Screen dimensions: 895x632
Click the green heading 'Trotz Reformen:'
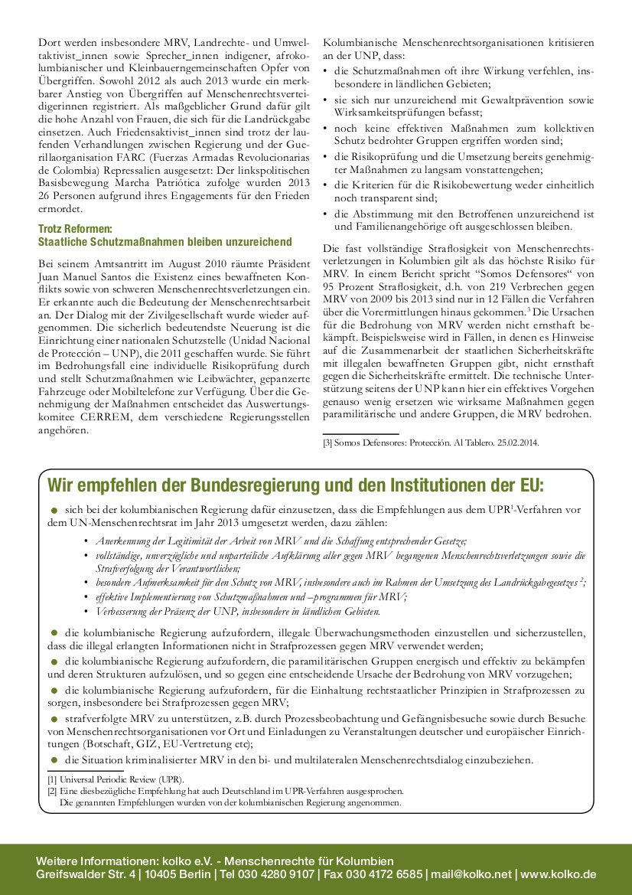click(x=76, y=229)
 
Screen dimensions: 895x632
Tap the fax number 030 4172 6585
click(x=381, y=874)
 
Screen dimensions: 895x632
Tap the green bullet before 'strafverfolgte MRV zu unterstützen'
click(x=54, y=719)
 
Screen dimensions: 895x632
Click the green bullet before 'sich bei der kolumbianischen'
click(x=54, y=509)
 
